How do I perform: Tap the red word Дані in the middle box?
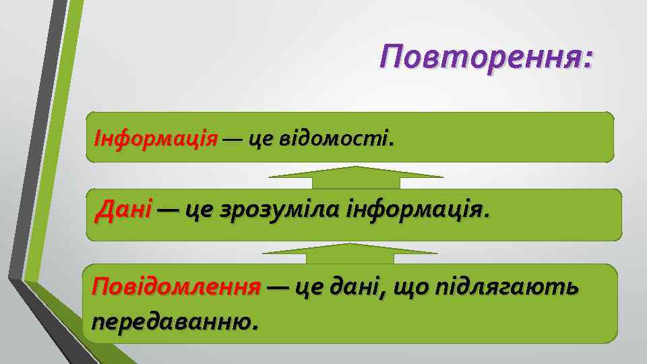pyautogui.click(x=124, y=210)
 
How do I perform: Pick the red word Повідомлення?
pyautogui.click(x=176, y=287)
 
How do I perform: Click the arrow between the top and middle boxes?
pyautogui.click(x=356, y=177)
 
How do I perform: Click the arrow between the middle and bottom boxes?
pyautogui.click(x=350, y=254)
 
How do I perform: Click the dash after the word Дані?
pyautogui.click(x=168, y=211)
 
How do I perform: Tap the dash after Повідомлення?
pyautogui.click(x=278, y=288)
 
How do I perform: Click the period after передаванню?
pyautogui.click(x=254, y=326)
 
